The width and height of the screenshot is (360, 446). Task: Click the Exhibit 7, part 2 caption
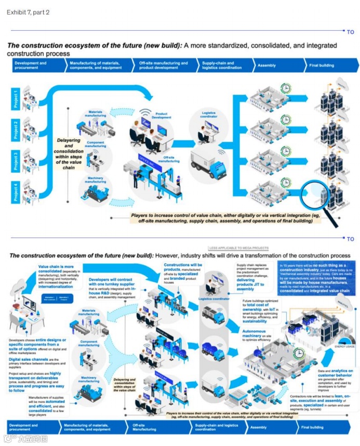[x=28, y=12]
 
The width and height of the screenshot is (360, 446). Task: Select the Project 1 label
[x=16, y=98]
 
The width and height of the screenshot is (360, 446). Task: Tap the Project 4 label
[x=16, y=190]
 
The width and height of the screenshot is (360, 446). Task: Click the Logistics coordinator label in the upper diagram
[x=205, y=115]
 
